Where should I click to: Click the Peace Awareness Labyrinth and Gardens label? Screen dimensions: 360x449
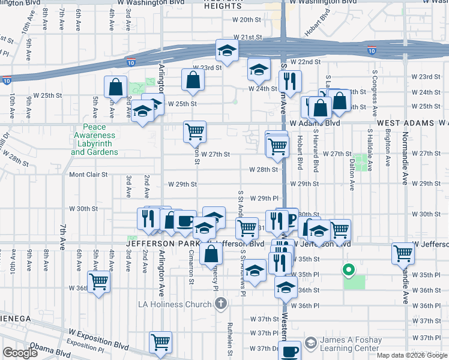click(x=94, y=140)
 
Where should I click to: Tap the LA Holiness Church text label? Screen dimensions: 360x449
click(x=175, y=304)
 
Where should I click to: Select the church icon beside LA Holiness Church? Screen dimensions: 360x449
click(x=221, y=304)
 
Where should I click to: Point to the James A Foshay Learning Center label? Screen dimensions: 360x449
click(x=351, y=344)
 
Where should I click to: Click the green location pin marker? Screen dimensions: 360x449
click(x=348, y=269)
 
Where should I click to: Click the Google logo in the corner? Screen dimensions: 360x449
click(x=20, y=353)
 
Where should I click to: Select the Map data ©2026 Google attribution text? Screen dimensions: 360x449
click(x=412, y=355)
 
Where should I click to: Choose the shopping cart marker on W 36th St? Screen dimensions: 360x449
click(x=98, y=281)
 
